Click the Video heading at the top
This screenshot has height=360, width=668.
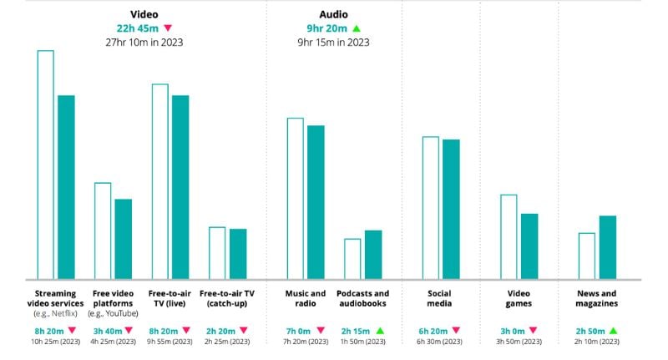(x=144, y=14)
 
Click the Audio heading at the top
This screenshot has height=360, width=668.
(x=333, y=14)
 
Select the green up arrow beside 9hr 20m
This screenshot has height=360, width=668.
(x=357, y=28)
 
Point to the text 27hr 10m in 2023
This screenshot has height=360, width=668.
(x=144, y=42)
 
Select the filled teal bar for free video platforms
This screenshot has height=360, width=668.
(x=123, y=238)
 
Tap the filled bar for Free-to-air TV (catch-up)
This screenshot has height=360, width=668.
(x=238, y=253)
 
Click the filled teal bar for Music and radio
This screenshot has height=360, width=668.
(x=316, y=201)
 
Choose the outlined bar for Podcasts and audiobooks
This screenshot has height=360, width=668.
(x=352, y=258)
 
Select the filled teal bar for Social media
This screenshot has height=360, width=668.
(x=451, y=209)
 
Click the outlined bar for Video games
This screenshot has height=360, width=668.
(x=509, y=236)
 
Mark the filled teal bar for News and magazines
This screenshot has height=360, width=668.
(x=607, y=246)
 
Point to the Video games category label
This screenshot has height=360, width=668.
(x=519, y=298)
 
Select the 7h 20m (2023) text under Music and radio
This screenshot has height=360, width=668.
(x=306, y=342)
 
